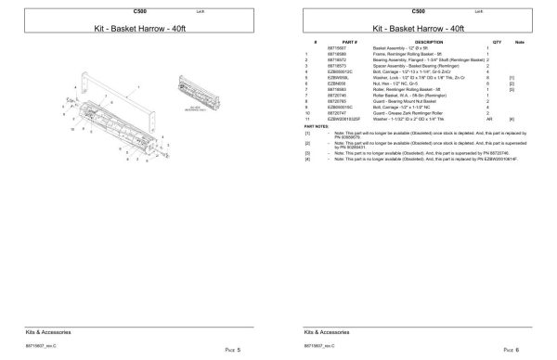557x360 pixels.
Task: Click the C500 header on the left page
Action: [x=139, y=9]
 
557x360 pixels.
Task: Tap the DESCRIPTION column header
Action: [x=428, y=42]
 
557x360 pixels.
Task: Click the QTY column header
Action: [x=497, y=42]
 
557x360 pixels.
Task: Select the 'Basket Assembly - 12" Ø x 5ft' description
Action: [x=399, y=48]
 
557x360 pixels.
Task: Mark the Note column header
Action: [x=521, y=42]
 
